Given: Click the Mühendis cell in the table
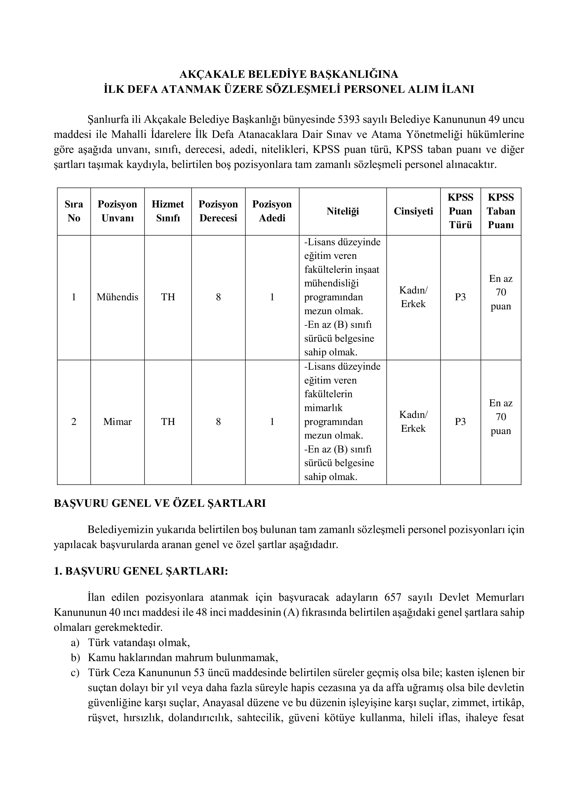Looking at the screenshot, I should [117, 297].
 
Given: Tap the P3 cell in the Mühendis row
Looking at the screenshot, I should [460, 297].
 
